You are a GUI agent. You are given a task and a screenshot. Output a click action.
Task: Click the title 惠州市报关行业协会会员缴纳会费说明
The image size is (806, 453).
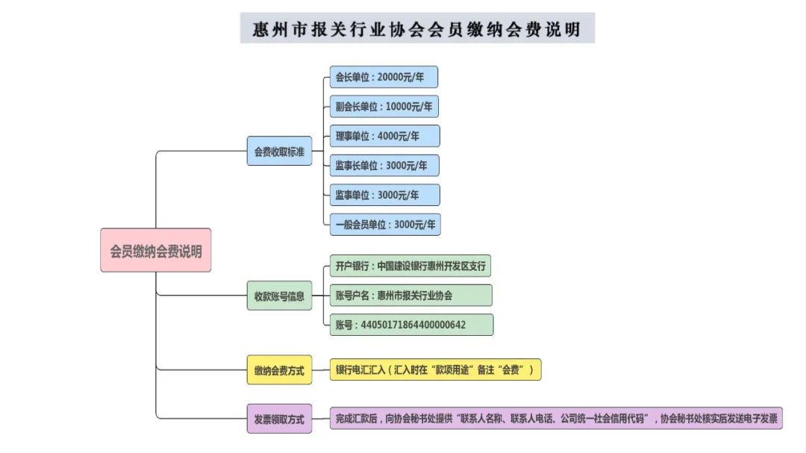coord(417,29)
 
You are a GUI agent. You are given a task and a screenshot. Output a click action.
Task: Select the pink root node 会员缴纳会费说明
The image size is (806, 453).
coord(156,251)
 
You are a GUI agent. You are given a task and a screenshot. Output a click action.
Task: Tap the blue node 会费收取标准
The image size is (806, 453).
coord(279,151)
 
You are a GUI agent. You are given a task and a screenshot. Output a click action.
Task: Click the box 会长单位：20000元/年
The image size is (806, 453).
coord(384,77)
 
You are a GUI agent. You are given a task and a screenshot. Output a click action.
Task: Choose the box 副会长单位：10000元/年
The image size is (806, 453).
coord(384,107)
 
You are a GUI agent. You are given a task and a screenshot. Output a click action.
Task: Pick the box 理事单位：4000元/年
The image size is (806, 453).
coord(384,137)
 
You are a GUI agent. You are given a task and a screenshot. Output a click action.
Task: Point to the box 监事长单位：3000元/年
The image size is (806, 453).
coord(384,166)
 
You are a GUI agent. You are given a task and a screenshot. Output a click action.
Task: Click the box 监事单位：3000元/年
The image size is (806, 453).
coord(384,195)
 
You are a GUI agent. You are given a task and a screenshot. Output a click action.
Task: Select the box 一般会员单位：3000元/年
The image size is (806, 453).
coord(385,225)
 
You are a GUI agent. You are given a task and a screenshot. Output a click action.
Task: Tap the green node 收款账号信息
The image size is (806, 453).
coord(279,296)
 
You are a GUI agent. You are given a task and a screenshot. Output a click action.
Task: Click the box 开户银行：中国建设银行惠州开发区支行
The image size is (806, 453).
coord(410,266)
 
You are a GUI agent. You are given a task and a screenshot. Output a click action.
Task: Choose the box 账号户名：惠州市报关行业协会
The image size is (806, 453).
coord(410,295)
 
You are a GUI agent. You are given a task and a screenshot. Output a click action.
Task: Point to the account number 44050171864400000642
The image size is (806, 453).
coord(413,325)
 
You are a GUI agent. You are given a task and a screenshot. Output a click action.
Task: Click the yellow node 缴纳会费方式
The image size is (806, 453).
coord(279,369)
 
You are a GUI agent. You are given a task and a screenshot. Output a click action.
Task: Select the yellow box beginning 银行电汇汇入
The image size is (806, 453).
coord(435,369)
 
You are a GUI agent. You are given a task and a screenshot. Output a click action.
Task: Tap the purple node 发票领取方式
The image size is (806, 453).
coord(279,419)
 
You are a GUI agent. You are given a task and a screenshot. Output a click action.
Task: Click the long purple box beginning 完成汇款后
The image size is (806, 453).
coord(556,418)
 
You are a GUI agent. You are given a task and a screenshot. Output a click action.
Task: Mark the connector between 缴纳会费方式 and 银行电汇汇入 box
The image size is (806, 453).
coord(321,369)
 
